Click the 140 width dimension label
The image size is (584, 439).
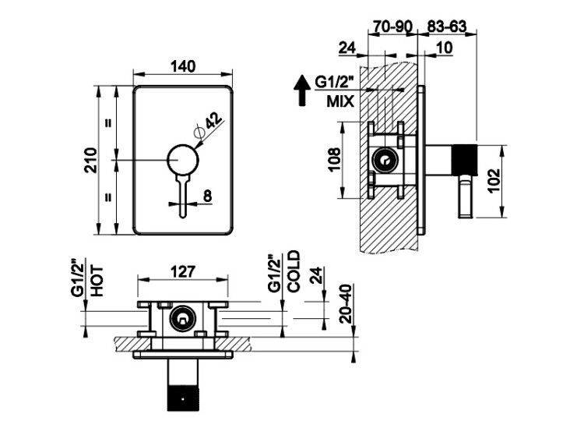(x=182, y=66)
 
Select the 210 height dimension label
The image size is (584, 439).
(x=90, y=161)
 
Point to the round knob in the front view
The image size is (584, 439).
(x=183, y=159)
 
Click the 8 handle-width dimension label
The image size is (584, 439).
(x=207, y=196)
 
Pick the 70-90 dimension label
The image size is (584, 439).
(x=392, y=27)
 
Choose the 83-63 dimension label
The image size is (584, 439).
(x=447, y=27)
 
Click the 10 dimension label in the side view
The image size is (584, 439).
(x=444, y=48)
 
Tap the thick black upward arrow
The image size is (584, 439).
(x=302, y=90)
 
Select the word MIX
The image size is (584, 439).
(x=340, y=101)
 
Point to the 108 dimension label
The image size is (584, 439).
(x=334, y=160)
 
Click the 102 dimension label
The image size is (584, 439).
(x=494, y=181)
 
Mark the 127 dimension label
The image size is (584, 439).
(x=182, y=271)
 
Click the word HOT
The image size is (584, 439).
(x=97, y=281)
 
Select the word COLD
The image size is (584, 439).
(x=294, y=271)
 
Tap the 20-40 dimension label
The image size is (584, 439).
(x=346, y=303)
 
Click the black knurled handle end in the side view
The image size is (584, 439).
(x=464, y=159)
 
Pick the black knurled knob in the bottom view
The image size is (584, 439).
(x=183, y=397)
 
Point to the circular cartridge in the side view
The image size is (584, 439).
(x=385, y=161)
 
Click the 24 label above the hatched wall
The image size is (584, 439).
(x=347, y=48)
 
